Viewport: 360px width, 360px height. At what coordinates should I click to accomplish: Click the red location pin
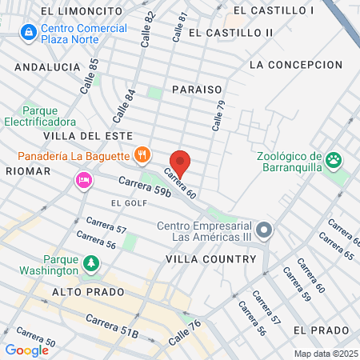pyautogui.click(x=181, y=163)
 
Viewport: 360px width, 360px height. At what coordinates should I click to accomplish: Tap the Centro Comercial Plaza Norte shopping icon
pyautogui.click(x=28, y=32)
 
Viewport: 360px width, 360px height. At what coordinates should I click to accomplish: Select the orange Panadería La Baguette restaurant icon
pyautogui.click(x=142, y=154)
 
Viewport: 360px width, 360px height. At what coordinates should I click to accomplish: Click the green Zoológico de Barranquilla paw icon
pyautogui.click(x=334, y=160)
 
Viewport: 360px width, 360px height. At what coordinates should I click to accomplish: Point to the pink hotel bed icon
pyautogui.click(x=82, y=180)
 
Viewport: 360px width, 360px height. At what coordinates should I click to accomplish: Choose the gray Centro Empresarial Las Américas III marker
pyautogui.click(x=266, y=231)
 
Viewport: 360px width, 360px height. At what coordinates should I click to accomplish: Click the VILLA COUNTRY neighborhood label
pyautogui.click(x=210, y=259)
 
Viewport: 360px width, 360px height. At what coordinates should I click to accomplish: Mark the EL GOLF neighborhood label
pyautogui.click(x=126, y=203)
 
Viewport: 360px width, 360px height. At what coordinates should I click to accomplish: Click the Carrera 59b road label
pyautogui.click(x=122, y=186)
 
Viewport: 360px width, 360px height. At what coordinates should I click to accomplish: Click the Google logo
pyautogui.click(x=26, y=350)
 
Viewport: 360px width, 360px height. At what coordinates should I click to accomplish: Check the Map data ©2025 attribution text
pyautogui.click(x=323, y=354)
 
